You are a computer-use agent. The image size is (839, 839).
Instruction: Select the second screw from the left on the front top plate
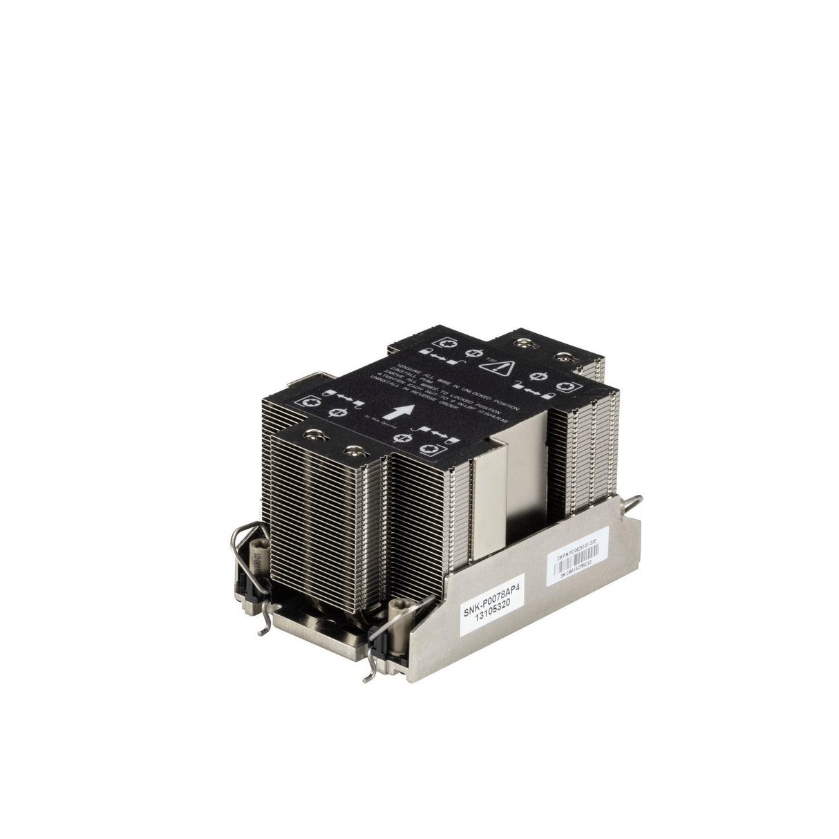click(x=358, y=450)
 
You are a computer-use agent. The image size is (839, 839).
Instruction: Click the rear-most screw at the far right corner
click(x=565, y=356)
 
